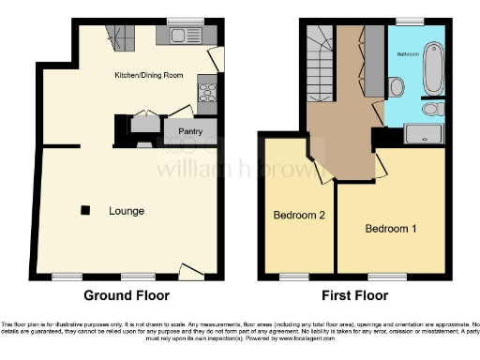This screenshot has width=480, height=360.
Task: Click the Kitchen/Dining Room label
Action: pyautogui.click(x=148, y=74)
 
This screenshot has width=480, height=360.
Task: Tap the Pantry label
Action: pyautogui.click(x=190, y=131)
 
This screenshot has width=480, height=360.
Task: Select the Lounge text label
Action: pyautogui.click(x=126, y=211)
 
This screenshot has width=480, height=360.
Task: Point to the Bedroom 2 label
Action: pyautogui.click(x=298, y=215)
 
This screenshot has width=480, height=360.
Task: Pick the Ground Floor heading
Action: pyautogui.click(x=127, y=295)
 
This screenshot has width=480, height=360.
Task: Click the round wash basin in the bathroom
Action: pyautogui.click(x=430, y=110)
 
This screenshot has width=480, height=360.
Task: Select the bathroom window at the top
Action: pyautogui.click(x=409, y=20)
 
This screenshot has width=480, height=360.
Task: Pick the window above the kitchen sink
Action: pyautogui.click(x=180, y=21)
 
